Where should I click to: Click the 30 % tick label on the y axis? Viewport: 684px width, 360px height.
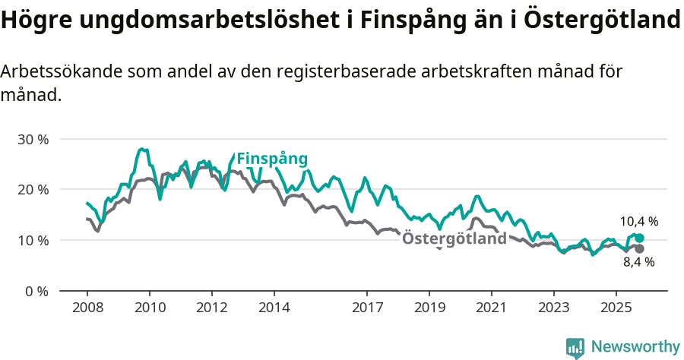coord(33,139)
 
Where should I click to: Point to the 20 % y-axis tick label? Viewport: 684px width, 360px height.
coord(33,189)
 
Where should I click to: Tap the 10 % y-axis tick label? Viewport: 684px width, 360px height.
coord(33,240)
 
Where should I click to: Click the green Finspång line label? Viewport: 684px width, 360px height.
coord(272,159)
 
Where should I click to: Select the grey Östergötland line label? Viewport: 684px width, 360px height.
coord(454,238)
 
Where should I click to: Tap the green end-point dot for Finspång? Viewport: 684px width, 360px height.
coord(639,238)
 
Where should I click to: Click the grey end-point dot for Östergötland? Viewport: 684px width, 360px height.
coord(639,248)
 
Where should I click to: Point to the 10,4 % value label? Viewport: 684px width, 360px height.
coord(638,222)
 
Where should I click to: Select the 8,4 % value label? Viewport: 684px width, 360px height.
coord(638,262)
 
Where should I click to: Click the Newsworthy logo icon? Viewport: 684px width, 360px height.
coord(575,348)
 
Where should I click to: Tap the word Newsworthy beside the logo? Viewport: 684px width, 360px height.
coord(635,347)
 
